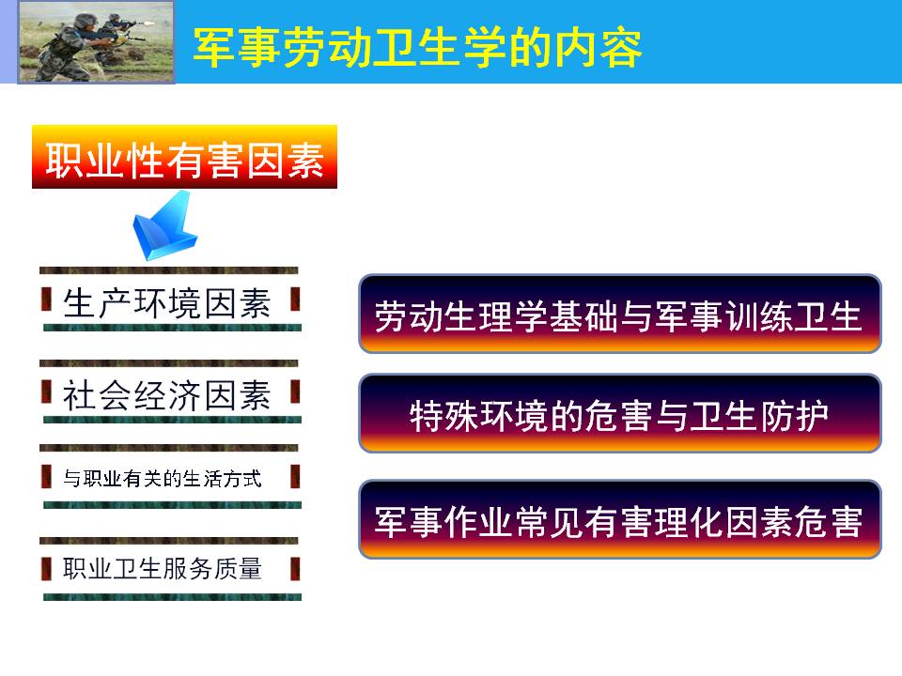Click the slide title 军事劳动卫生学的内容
pos(417,48)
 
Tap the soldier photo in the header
pos(96,42)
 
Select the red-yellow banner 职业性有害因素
pos(184,157)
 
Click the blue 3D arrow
pos(163,226)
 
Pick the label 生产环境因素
pos(167,303)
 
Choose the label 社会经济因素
pos(167,395)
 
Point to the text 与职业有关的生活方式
pos(163,478)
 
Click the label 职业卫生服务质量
pos(163,569)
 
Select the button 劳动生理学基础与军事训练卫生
pos(619,314)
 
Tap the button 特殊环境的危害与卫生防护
pos(619,413)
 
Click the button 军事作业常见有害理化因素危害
pos(619,519)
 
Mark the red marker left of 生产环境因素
pos(46,300)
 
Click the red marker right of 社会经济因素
pos(295,392)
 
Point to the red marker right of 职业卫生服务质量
pos(295,569)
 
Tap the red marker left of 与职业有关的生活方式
pos(46,477)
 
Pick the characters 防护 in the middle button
pos(795,415)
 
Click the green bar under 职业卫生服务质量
pos(172,597)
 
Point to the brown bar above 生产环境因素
pos(168,270)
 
